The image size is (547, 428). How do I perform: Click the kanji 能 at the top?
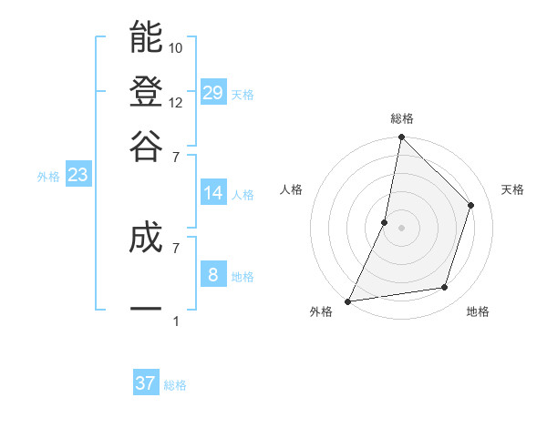146,38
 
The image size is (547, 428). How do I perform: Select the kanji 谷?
146,146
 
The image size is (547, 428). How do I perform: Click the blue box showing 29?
213,92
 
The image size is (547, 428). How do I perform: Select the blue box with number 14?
213,193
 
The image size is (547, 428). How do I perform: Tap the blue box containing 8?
213,274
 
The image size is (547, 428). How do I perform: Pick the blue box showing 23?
77,176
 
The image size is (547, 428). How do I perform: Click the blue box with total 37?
146,383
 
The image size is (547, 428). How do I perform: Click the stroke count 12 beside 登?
176,102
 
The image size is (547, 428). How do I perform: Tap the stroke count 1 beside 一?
175,321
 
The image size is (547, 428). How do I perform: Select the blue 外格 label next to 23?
48,177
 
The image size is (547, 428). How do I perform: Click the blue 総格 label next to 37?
175,385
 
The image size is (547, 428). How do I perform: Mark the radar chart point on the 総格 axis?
401,138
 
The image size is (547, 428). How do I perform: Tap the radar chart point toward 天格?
471,205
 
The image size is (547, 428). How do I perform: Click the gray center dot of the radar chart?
401,228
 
